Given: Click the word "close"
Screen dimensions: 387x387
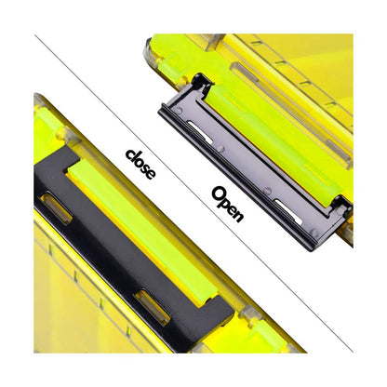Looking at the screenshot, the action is (140, 164).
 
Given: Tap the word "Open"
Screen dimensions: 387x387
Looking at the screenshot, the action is (227, 204).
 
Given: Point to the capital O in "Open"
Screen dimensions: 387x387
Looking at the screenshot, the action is (218, 193).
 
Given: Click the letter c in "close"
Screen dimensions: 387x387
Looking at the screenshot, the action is (130, 154).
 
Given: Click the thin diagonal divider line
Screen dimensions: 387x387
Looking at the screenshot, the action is (193, 193).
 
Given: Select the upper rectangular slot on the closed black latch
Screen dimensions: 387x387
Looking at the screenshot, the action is (57, 208).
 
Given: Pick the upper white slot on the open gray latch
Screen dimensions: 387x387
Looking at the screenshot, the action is (200, 132).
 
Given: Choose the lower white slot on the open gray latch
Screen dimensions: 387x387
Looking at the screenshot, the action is (288, 212).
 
